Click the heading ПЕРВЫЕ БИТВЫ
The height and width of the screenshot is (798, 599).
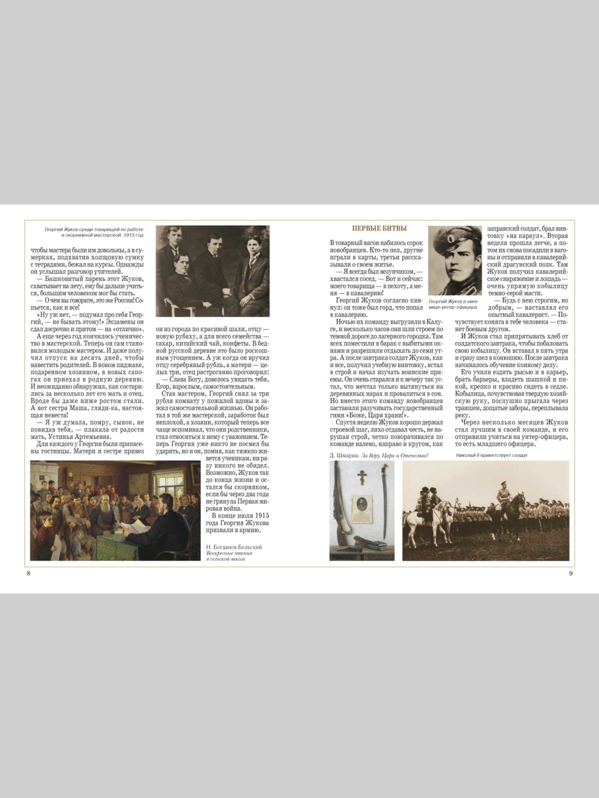coord(379,228)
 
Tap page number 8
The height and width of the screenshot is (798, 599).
coord(29,574)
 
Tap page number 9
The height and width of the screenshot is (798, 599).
coord(570,574)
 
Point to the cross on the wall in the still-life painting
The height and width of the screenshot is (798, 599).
coord(362,477)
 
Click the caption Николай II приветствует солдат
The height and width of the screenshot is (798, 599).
coord(492,455)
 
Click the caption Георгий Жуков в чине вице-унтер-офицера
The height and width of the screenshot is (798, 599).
coord(454,304)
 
